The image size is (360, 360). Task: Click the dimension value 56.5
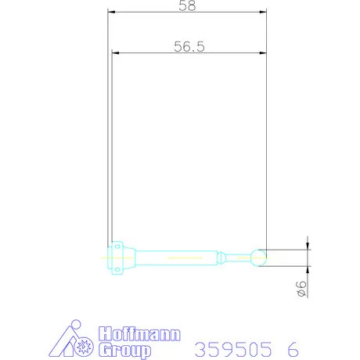pos(189,46)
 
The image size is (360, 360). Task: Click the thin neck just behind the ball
pos(238,256)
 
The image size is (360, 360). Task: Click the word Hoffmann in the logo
pos(138,334)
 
